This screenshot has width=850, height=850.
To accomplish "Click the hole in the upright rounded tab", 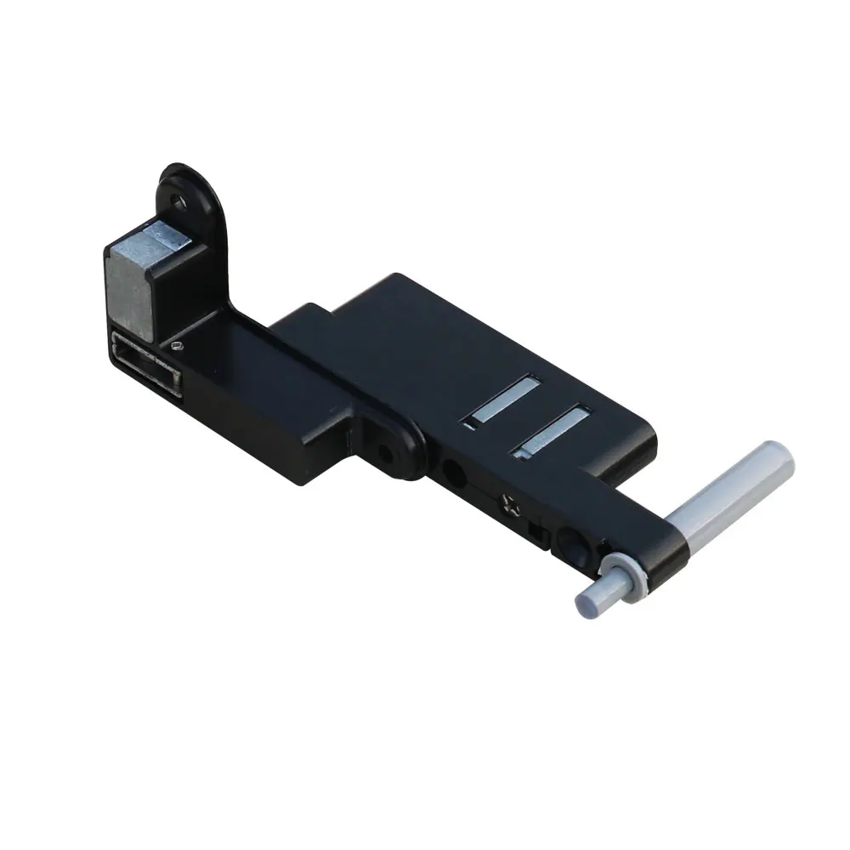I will point(178,201).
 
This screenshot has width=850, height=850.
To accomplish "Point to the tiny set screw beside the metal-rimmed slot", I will point(176,345).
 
